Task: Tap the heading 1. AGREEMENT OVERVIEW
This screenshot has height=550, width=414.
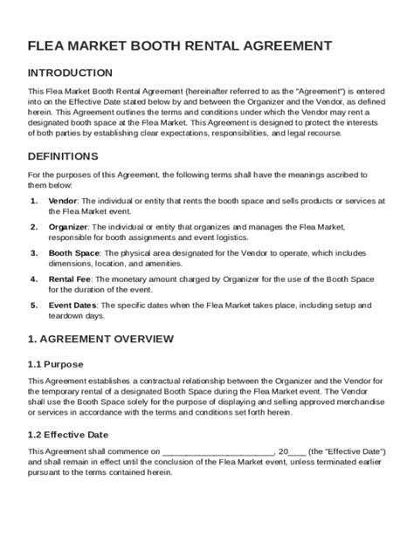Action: coord(101,339)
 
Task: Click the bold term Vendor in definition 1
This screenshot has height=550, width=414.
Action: coord(62,200)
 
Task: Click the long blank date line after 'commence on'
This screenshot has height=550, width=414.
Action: coord(217,452)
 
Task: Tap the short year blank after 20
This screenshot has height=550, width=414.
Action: coord(297,452)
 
